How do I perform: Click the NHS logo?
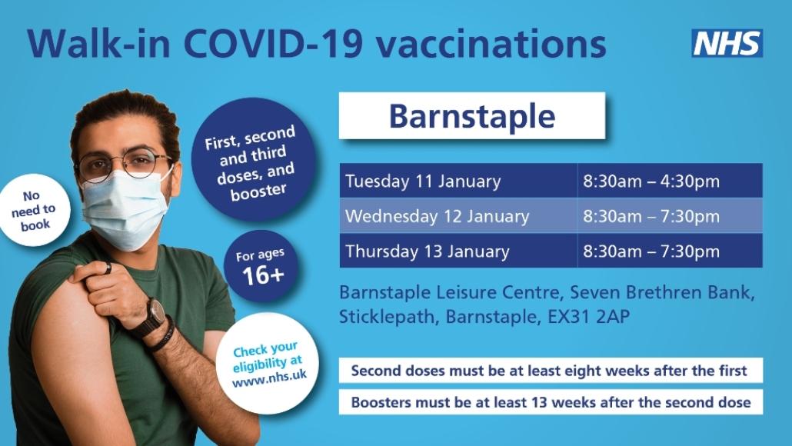727,43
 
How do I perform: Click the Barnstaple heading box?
471,116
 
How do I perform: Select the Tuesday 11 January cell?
458,181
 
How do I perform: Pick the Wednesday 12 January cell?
458,216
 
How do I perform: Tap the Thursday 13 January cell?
458,251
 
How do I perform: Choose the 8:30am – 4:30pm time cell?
669,181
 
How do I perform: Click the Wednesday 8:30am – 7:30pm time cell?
669,216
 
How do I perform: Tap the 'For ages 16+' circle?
263,267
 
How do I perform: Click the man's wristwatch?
156,312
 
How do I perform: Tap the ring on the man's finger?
108,268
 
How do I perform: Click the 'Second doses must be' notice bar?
550,371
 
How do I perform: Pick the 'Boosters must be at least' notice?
550,402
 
